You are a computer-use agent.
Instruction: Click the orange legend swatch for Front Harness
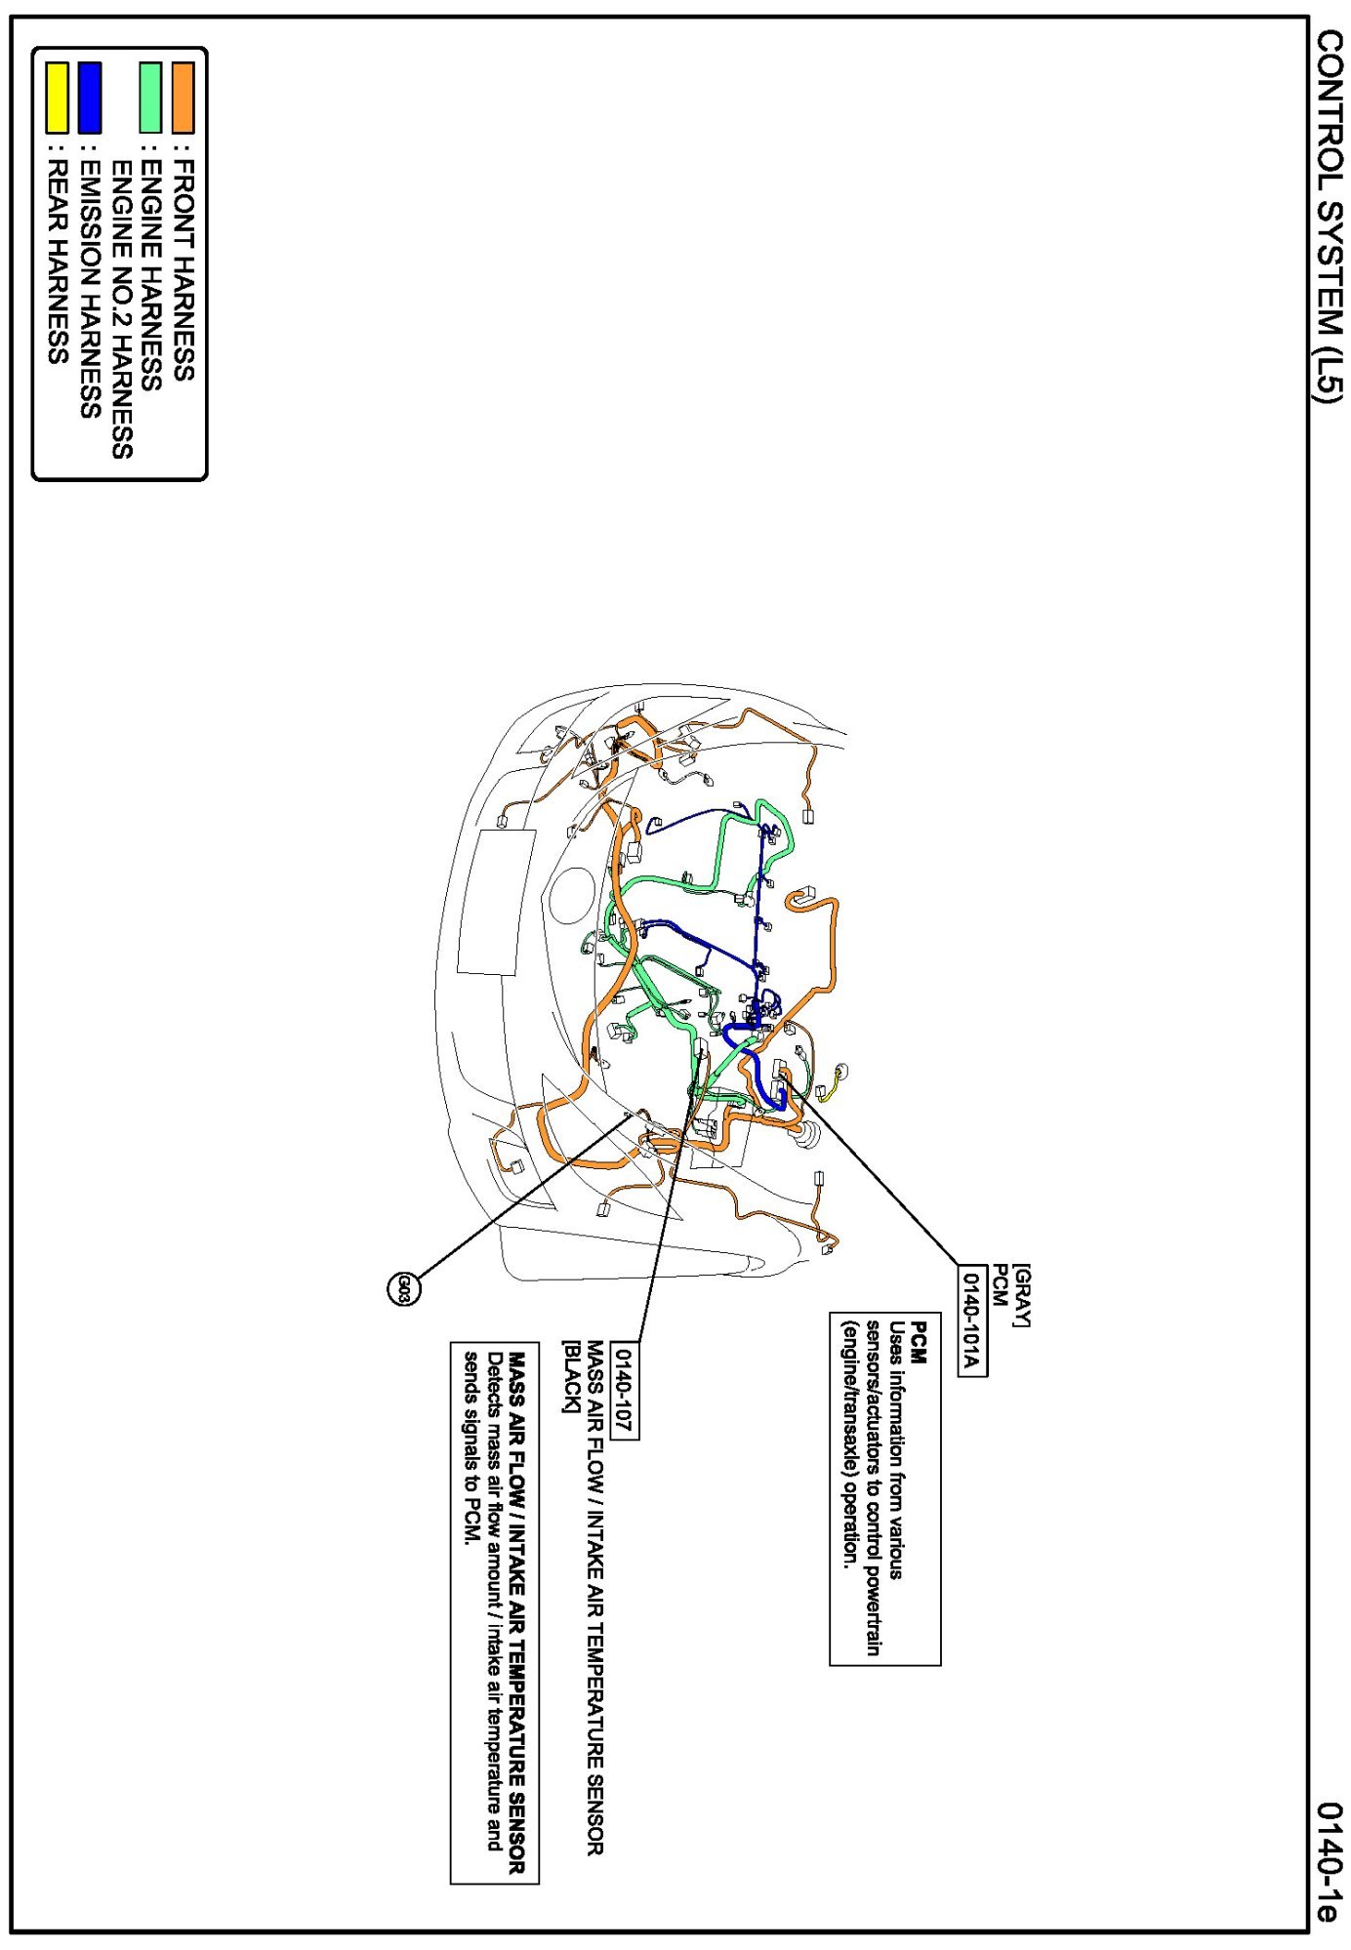tap(183, 98)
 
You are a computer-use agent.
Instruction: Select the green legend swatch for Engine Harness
tap(150, 98)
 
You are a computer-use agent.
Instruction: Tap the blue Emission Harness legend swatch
tap(90, 98)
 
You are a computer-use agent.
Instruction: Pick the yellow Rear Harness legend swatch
tap(58, 98)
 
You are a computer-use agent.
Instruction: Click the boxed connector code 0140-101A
tap(971, 1320)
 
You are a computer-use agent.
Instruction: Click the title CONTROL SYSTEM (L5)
tap(1329, 216)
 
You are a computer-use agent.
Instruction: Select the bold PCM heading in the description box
tap(918, 1343)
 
